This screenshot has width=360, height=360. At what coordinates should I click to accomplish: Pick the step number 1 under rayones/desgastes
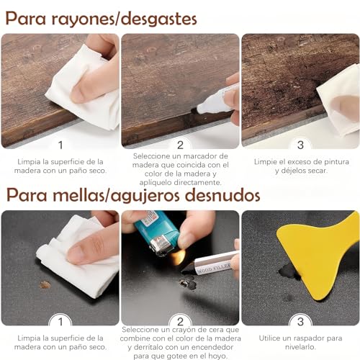pos(60,145)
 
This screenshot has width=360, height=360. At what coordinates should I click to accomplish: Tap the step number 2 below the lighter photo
pos(181,321)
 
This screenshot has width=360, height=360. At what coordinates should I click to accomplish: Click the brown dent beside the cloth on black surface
pos(45,284)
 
